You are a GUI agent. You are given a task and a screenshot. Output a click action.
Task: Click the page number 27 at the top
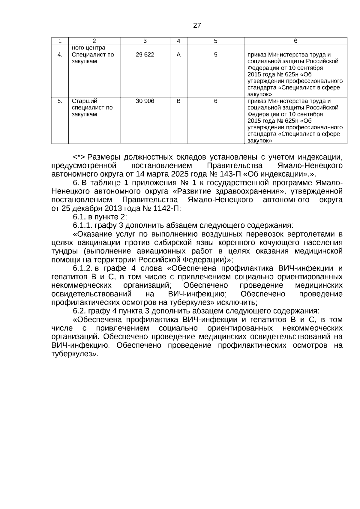197,25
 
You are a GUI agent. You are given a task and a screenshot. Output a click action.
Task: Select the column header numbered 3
145,41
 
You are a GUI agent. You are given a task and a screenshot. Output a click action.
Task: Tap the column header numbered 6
295,41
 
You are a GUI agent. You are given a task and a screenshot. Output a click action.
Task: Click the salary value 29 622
145,55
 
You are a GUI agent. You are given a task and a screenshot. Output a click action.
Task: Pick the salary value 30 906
145,101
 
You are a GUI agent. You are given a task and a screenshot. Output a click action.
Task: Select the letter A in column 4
178,55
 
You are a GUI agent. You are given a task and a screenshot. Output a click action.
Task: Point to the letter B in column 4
178,101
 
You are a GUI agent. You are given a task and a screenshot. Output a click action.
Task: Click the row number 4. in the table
60,55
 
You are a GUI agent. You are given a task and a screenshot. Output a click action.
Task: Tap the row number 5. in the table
60,101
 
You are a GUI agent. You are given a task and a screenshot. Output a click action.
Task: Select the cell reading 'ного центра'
88,48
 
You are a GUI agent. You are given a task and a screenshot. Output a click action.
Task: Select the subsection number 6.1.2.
82,268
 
